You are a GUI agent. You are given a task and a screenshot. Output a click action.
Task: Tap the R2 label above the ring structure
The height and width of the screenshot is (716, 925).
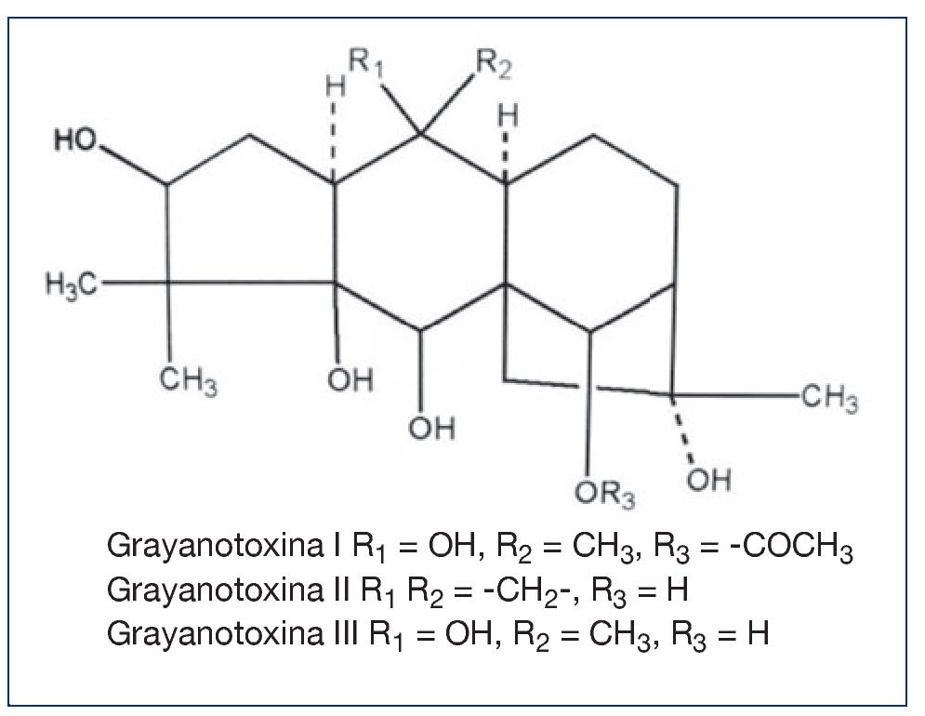493,64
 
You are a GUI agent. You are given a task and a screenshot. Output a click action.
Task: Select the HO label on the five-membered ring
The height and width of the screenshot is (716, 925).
78,140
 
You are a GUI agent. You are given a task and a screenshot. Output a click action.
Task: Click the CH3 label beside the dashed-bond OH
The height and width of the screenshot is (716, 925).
827,401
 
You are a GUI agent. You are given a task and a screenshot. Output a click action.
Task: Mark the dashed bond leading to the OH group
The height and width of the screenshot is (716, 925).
685,431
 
